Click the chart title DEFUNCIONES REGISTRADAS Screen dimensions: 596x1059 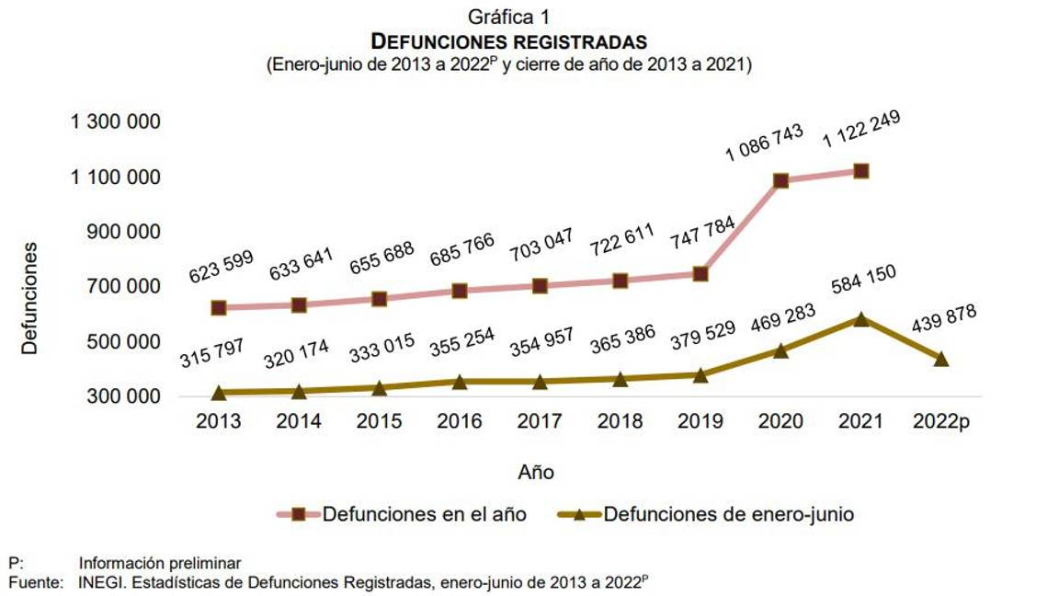coord(508,41)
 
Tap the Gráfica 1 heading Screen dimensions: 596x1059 coord(508,17)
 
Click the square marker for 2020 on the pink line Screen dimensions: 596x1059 coord(780,180)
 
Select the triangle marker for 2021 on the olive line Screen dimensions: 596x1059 coord(860,319)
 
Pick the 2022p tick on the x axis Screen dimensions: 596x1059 coord(940,421)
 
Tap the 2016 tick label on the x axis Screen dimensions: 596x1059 coord(459,421)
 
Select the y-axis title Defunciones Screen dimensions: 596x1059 coord(30,298)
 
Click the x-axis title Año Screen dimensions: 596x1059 coord(536,472)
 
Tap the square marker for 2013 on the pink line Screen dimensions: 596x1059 coord(219,307)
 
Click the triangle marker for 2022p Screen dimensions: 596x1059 coord(940,359)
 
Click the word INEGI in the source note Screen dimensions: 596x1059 coord(102,582)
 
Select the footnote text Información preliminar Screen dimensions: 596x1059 coord(160,563)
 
